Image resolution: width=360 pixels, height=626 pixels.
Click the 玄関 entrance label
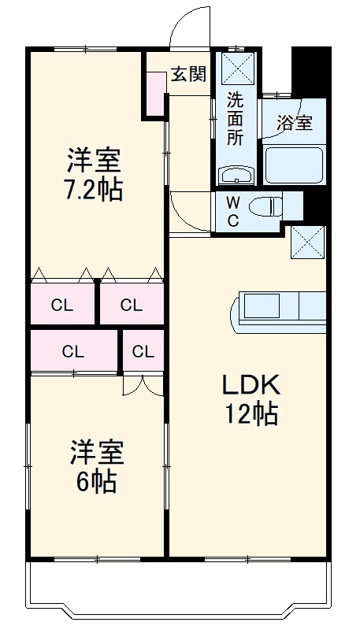pyautogui.click(x=189, y=75)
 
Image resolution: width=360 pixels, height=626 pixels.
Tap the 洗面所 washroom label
pyautogui.click(x=236, y=118)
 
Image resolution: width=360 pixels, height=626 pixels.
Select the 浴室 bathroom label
pyautogui.click(x=294, y=123)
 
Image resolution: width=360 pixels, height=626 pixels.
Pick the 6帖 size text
pyautogui.click(x=96, y=480)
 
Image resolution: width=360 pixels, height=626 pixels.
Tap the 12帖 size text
pyautogui.click(x=250, y=413)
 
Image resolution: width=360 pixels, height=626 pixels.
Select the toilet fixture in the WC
pyautogui.click(x=265, y=207)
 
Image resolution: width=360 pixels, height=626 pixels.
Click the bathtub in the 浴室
pyautogui.click(x=294, y=165)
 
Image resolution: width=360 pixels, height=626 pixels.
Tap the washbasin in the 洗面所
pyautogui.click(x=235, y=174)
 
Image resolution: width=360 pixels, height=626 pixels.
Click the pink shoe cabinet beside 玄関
pyautogui.click(x=154, y=93)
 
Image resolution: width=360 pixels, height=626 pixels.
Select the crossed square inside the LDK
pyautogui.click(x=307, y=242)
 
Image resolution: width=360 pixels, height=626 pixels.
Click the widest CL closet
pyautogui.click(x=73, y=351)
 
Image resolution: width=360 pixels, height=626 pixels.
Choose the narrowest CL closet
pyautogui.click(x=143, y=351)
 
